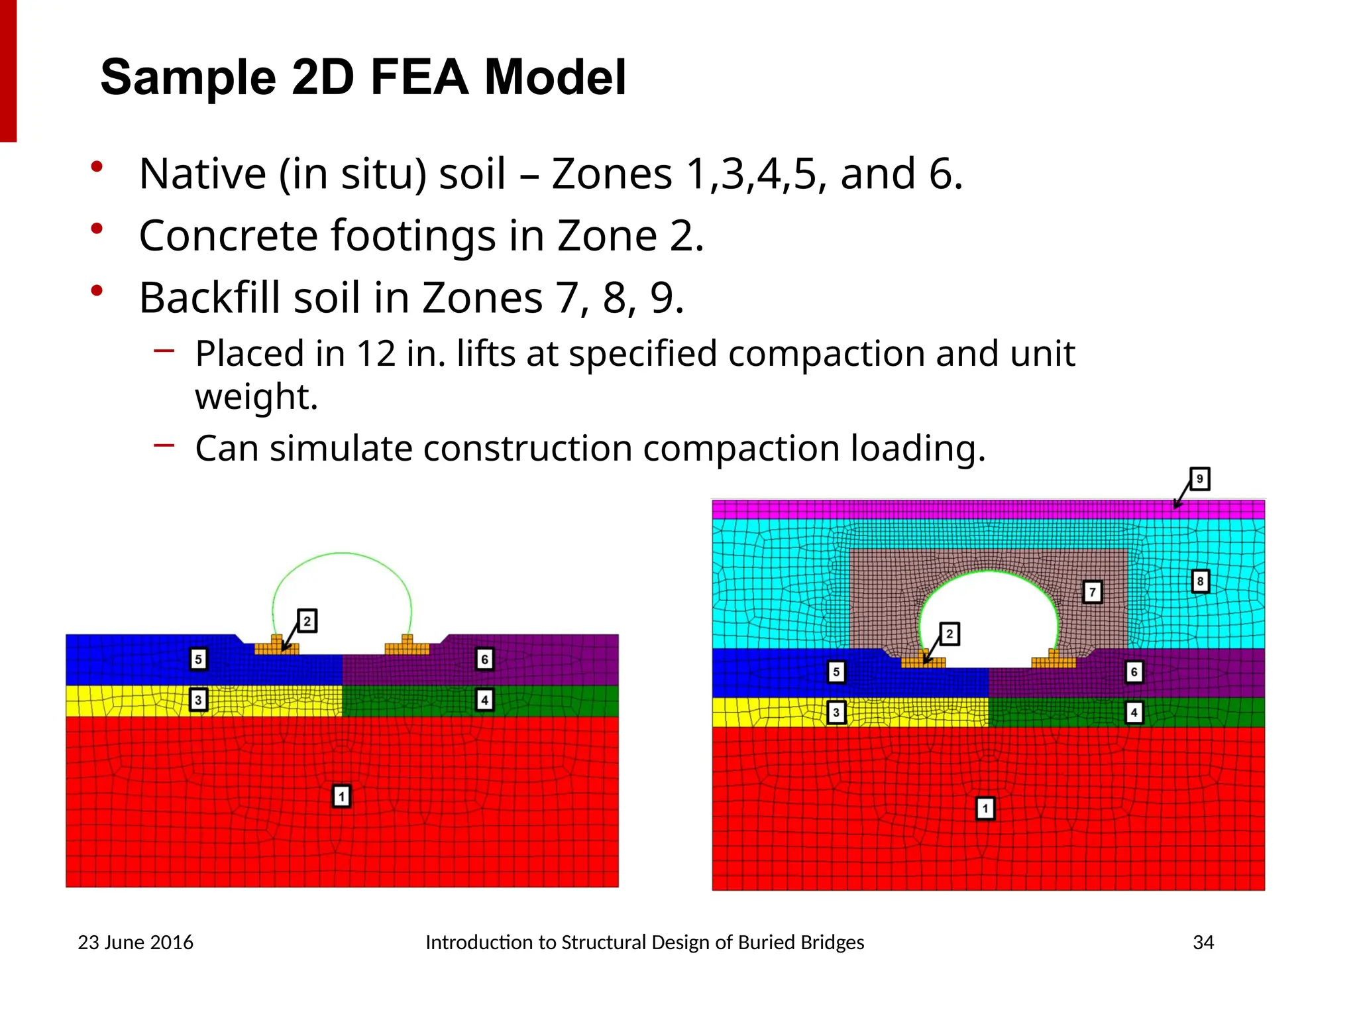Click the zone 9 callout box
(1199, 479)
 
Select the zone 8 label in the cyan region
(1200, 582)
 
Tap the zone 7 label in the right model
(1093, 592)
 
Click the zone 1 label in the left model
(341, 796)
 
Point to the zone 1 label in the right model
(985, 809)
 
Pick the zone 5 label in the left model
(198, 660)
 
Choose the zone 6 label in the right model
(1134, 672)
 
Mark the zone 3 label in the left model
(198, 700)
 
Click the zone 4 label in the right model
(1134, 713)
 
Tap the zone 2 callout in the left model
(307, 622)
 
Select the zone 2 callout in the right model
(950, 634)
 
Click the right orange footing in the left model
(407, 646)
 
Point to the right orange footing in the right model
(1054, 660)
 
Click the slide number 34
(1203, 943)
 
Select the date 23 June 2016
(135, 943)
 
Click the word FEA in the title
(419, 78)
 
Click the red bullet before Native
(97, 167)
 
